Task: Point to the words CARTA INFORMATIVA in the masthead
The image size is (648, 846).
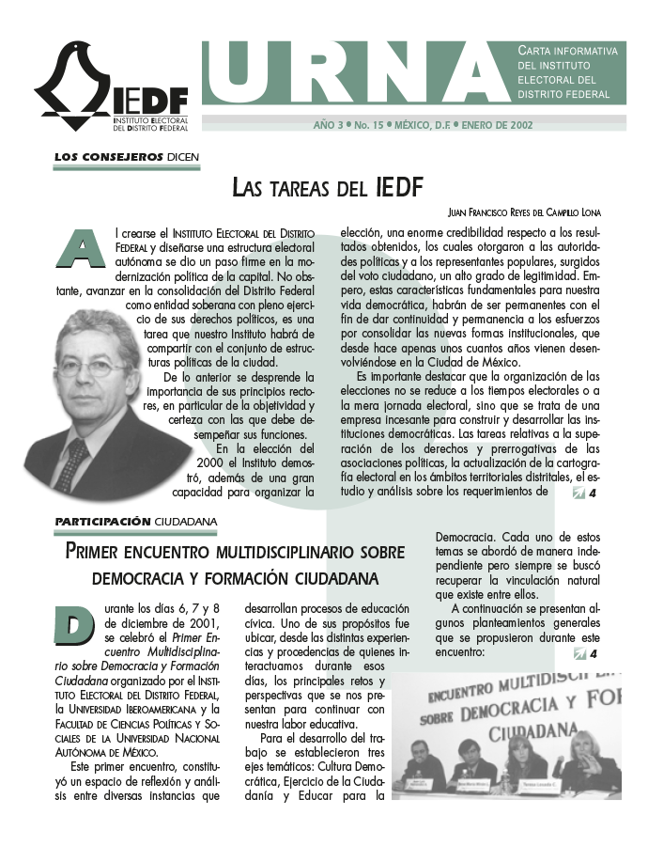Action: click(x=568, y=51)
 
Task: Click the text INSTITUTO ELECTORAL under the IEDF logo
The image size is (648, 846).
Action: click(x=150, y=121)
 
